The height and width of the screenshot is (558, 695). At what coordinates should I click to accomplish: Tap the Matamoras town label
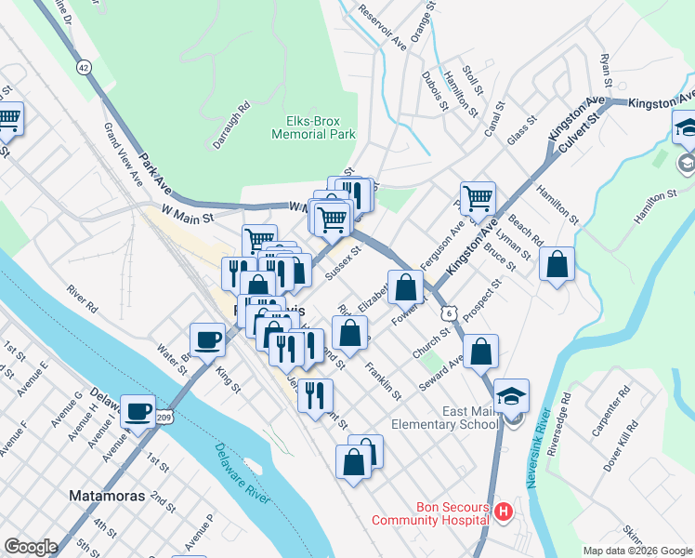(x=107, y=496)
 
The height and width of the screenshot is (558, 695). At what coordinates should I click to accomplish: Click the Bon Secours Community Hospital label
(x=430, y=513)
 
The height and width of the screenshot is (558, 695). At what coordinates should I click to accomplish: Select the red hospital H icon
(x=503, y=511)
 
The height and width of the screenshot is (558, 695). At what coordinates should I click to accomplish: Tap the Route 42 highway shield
(x=85, y=68)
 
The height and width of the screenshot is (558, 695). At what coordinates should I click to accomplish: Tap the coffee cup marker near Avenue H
(x=139, y=411)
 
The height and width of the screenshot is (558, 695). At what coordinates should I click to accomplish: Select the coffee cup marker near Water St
(x=208, y=339)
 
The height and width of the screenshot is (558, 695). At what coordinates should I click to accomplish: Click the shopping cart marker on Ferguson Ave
(x=478, y=197)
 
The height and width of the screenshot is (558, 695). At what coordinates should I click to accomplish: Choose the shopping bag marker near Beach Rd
(x=557, y=264)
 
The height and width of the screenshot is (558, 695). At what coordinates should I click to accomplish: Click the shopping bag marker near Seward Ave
(x=480, y=352)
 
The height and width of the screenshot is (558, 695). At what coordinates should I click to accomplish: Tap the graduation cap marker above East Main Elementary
(x=511, y=395)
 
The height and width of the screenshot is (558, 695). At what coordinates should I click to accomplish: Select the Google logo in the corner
(x=31, y=547)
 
